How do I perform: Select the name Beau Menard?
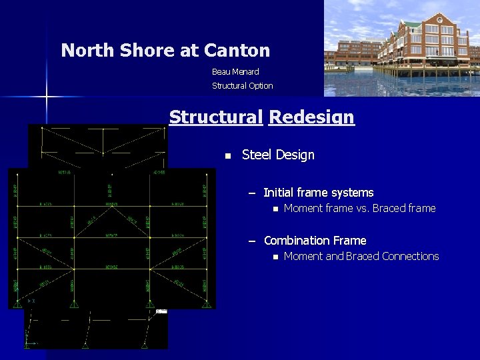coord(235,71)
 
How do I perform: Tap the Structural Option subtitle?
coord(242,85)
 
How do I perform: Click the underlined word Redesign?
coord(311,117)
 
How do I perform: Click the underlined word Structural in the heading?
coord(216,117)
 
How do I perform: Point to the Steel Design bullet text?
coord(278,155)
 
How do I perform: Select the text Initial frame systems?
coord(318,193)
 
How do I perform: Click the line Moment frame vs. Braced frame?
coord(359,209)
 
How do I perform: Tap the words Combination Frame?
coord(315,241)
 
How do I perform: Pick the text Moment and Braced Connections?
coord(361,257)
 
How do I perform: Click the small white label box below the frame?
coord(161,311)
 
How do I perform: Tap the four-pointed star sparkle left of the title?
coord(47,97)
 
